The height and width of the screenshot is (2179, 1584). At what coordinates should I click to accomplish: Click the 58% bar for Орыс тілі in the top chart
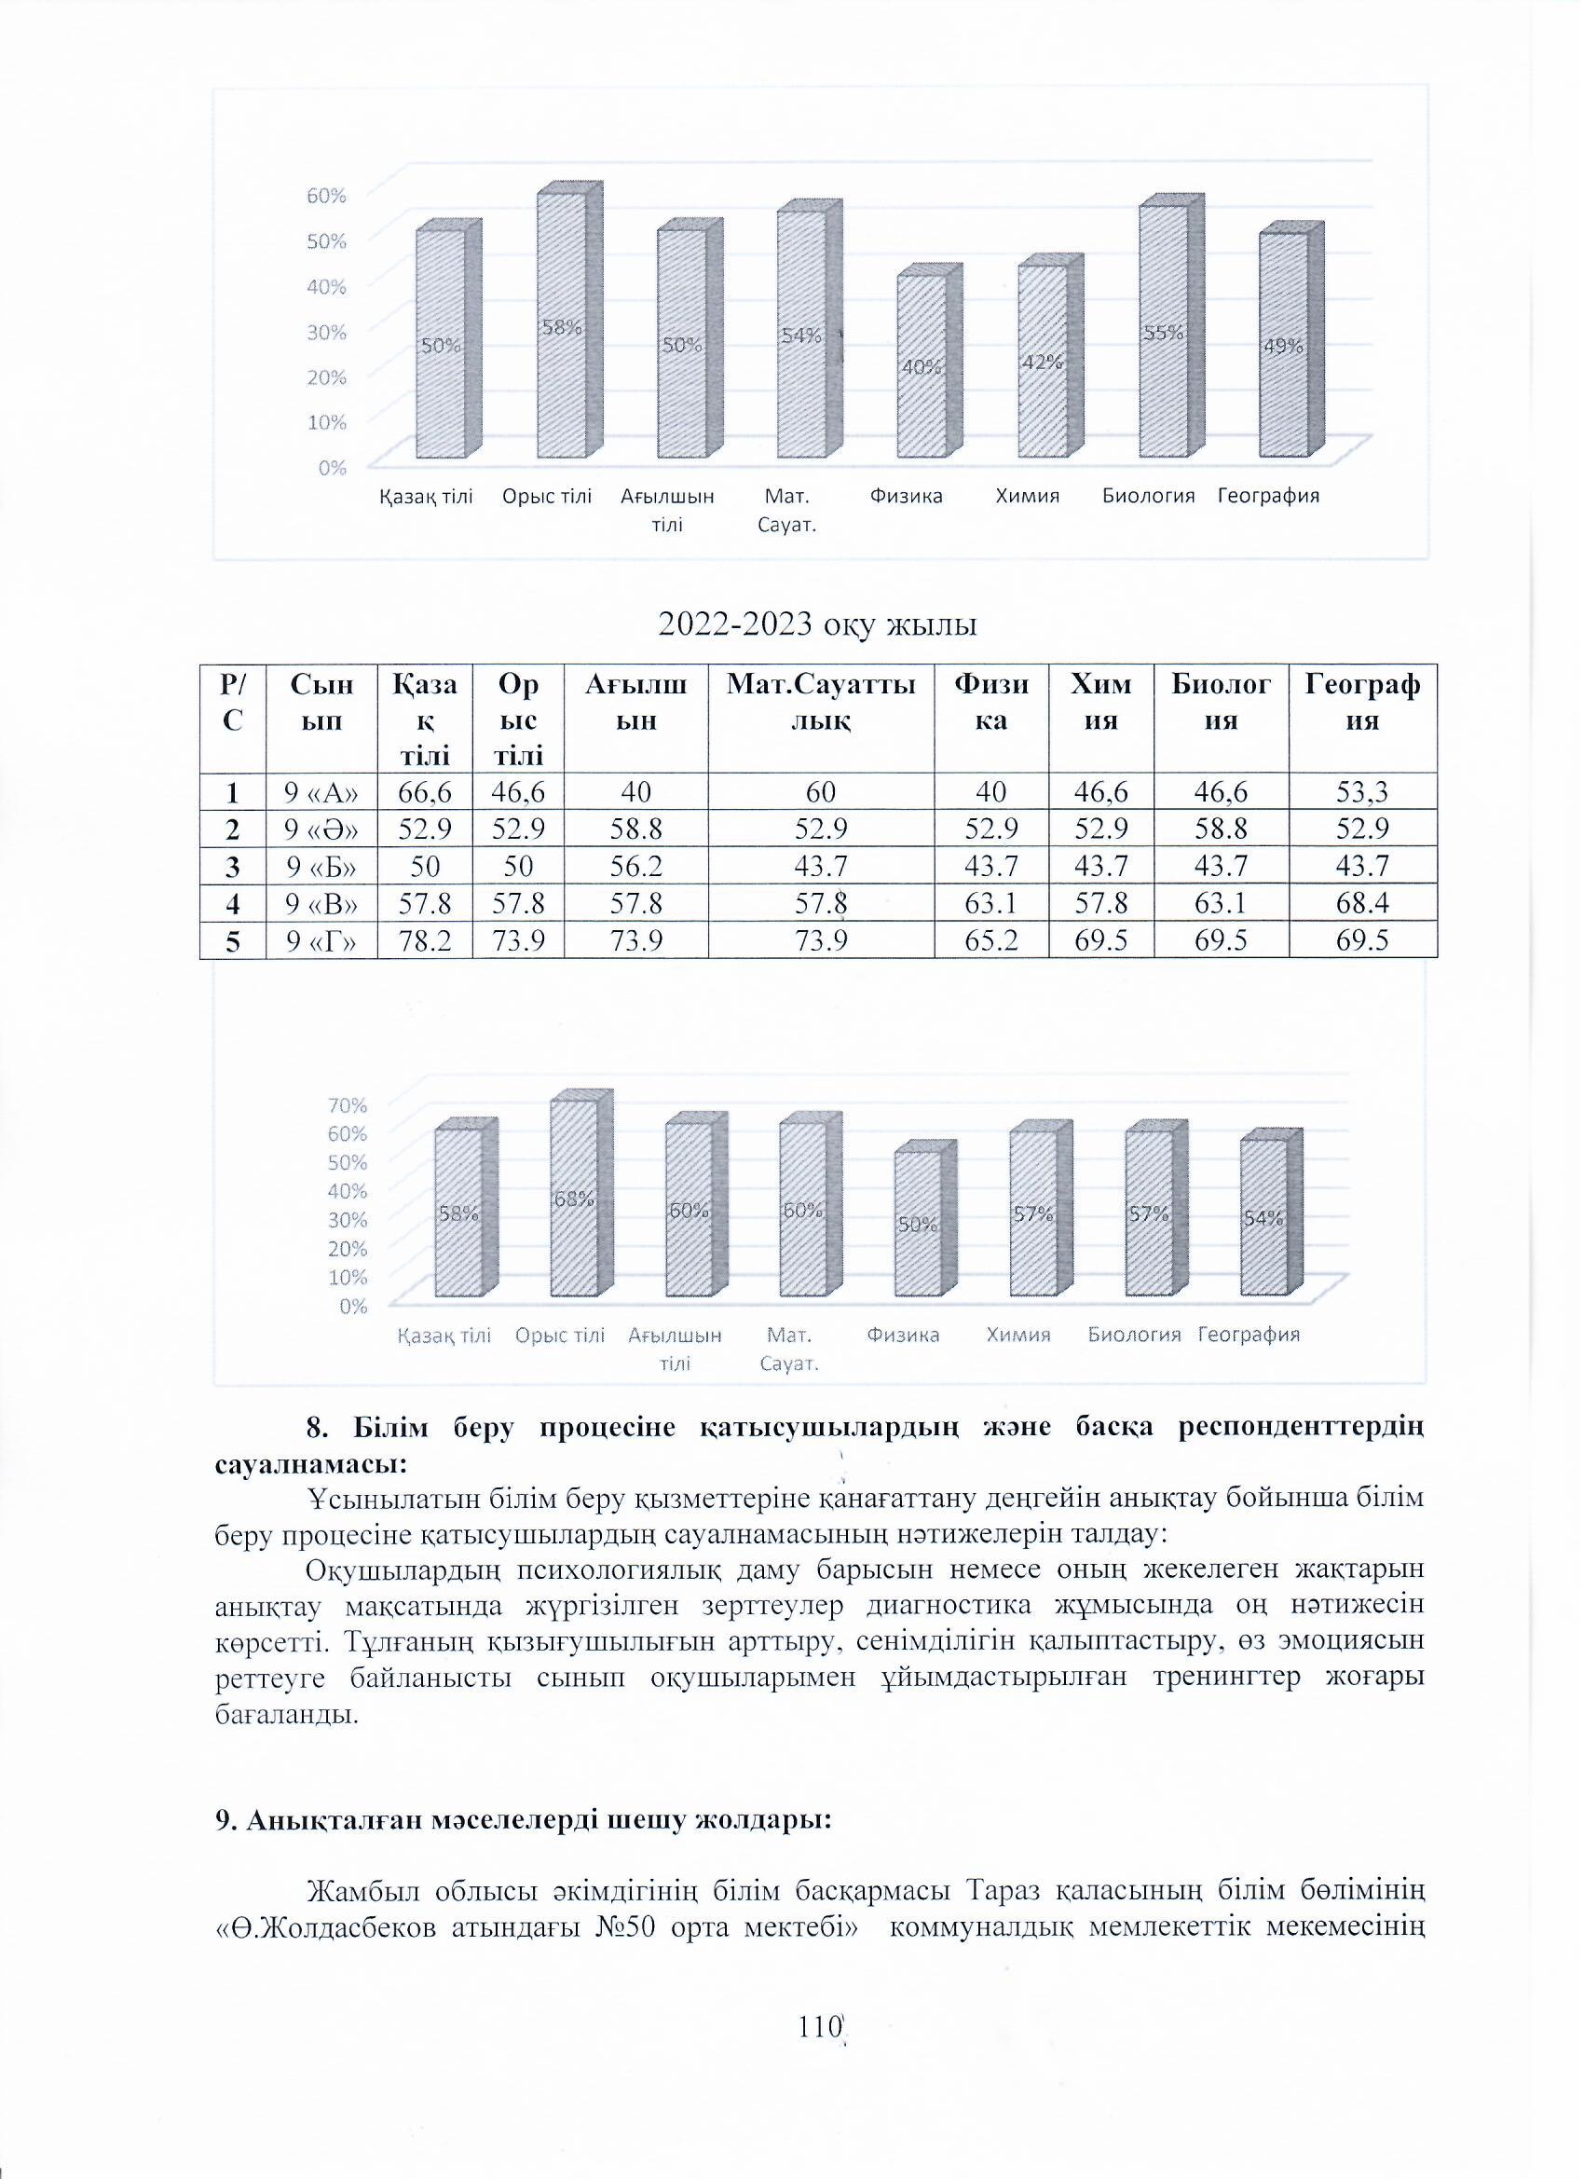tap(561, 326)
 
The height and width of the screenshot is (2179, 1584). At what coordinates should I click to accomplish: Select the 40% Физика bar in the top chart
tap(922, 367)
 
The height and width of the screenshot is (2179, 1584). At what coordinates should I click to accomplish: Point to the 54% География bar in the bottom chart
tap(1263, 1217)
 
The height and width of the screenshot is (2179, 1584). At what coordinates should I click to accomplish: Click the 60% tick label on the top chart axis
tap(327, 195)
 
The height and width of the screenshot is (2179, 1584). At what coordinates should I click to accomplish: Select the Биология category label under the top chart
tap(1148, 497)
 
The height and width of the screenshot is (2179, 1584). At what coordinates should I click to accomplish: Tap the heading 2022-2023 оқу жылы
tap(816, 625)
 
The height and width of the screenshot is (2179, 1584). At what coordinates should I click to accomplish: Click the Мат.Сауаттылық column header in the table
tap(820, 703)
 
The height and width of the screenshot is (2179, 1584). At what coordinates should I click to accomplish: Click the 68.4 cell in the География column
tap(1362, 903)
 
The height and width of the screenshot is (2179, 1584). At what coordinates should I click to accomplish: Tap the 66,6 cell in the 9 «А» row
tap(423, 792)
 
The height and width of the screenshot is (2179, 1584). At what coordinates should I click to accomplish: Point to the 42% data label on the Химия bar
tap(1042, 363)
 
